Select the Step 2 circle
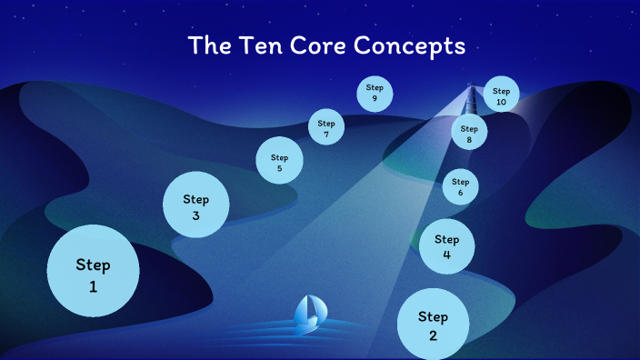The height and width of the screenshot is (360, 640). coord(434,325)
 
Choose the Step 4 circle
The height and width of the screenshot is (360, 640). coord(446,245)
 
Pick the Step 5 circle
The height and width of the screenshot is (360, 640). coord(279,161)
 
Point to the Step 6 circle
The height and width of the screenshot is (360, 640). coord(460,186)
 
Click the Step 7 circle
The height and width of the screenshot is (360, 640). coord(326,127)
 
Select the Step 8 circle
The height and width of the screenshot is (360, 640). coord(469,133)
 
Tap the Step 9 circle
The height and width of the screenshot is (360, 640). coord(375,93)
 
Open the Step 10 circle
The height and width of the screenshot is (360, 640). coord(501,95)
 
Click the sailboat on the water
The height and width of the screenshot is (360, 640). coord(308,312)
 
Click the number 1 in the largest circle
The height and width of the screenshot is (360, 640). coord(93,287)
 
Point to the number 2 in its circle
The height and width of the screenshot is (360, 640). coord(434,335)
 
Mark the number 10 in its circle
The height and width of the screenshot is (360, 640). coord(501,102)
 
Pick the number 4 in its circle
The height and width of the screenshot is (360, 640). coord(446,255)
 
